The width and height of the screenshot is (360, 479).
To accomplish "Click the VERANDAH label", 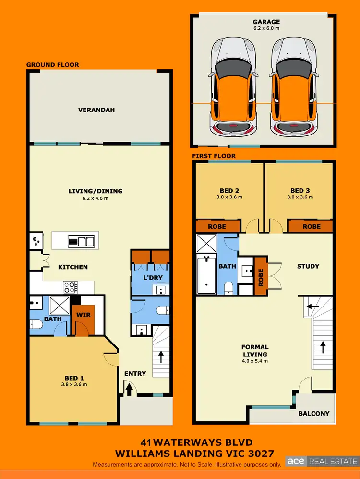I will click(x=96, y=110).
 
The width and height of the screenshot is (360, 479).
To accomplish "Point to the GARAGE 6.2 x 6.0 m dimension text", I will click(x=266, y=28).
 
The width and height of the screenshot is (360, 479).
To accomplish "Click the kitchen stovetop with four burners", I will click(x=70, y=287).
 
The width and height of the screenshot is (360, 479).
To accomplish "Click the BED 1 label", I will click(x=74, y=378).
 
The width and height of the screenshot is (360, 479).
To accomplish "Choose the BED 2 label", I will click(x=228, y=190).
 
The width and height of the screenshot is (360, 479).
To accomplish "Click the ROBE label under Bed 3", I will click(x=311, y=226).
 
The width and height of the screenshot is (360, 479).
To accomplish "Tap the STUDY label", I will click(x=308, y=266).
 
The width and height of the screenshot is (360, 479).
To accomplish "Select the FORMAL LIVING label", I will click(x=255, y=350).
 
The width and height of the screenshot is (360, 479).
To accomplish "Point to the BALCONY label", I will click(x=314, y=413).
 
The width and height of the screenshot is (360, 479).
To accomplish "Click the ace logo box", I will click(x=296, y=461).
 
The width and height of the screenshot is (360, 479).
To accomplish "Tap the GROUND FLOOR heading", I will click(x=52, y=65).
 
